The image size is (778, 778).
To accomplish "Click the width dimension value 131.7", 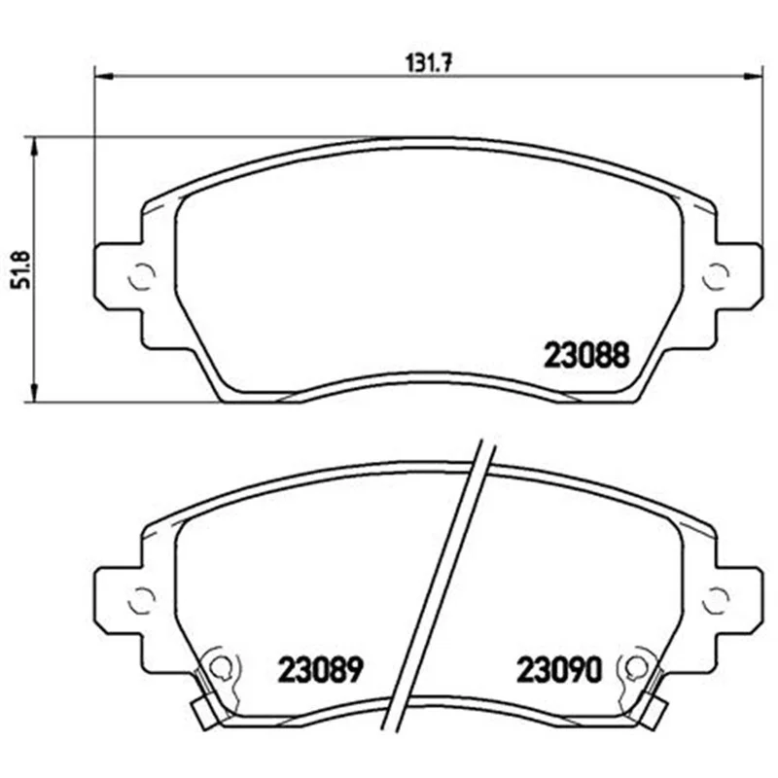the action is (429, 63).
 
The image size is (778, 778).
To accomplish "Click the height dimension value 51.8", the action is (21, 270).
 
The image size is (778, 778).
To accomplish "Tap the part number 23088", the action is (586, 355).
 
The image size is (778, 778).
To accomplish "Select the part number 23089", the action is (321, 669).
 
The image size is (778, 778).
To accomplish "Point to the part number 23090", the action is (559, 669).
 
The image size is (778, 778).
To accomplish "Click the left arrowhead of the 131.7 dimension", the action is (104, 77).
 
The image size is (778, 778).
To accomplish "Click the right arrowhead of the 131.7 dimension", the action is (752, 77).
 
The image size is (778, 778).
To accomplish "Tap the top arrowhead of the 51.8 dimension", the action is (34, 147).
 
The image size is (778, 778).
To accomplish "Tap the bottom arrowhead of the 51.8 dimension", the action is (34, 393).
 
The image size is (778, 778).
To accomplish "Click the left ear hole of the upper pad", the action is (142, 275).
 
